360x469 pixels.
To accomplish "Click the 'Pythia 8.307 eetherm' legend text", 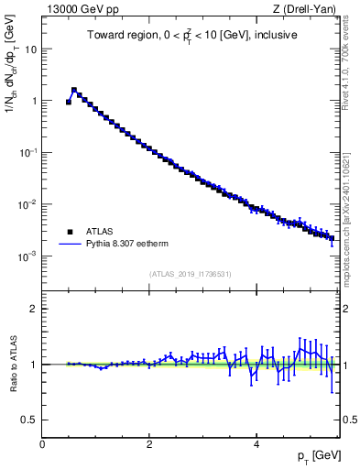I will pos(122,245).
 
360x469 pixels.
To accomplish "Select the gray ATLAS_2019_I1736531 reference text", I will pos(191,274).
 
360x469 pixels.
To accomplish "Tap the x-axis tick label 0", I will pos(42,444).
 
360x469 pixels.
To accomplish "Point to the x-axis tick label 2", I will pos(149,444).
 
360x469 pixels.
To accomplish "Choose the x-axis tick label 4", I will pos(256,444).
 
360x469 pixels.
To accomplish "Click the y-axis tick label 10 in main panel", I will pos(31,49).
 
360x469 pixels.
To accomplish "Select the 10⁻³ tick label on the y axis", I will pos(27,256).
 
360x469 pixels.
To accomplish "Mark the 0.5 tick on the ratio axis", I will pos(30,420).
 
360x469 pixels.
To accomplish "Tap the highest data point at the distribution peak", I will pos(74,91).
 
